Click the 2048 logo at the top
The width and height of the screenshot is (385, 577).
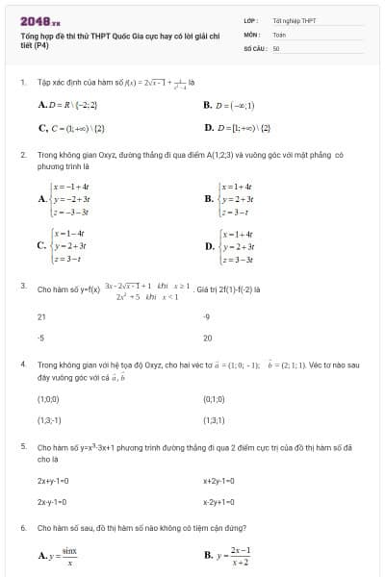39,20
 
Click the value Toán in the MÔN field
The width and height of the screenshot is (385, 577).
279,34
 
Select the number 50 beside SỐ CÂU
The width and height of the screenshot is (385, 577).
276,47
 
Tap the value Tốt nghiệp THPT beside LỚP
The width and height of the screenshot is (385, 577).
294,20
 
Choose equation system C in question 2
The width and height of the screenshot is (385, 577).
72,245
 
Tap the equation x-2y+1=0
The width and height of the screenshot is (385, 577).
219,501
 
